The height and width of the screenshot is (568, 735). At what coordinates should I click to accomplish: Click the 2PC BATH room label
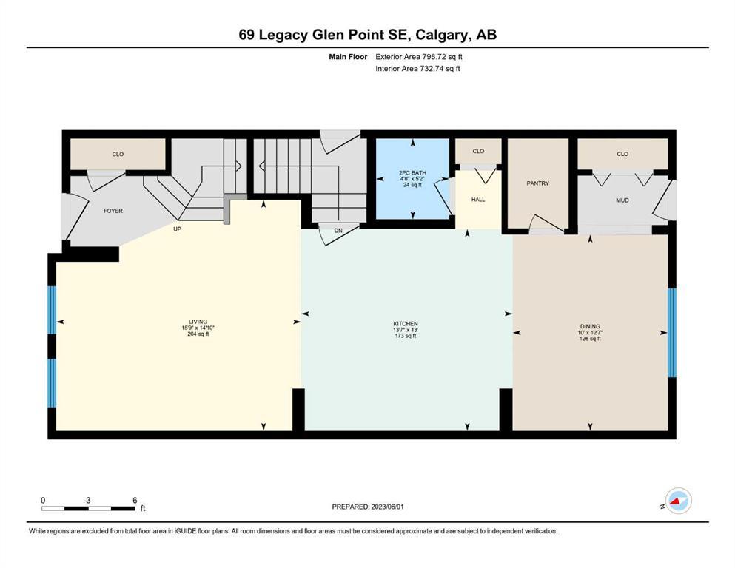tap(412, 173)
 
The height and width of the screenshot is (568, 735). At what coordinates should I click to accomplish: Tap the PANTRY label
tap(537, 183)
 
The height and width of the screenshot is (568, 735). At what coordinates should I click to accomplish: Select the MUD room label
tap(622, 200)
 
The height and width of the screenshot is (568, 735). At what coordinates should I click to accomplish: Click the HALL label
tap(478, 200)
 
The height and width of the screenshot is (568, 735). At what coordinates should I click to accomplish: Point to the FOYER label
tap(113, 212)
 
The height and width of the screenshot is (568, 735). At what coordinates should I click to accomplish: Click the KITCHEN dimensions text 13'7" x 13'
tap(406, 330)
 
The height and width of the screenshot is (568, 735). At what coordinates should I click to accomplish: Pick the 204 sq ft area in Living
tap(198, 334)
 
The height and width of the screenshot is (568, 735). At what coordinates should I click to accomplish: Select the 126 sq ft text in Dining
tap(590, 339)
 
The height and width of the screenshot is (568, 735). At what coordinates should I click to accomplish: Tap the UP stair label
tap(177, 229)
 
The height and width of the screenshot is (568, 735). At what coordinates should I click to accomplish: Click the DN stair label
tap(338, 231)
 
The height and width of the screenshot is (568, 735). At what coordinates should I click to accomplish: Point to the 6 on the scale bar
tap(135, 500)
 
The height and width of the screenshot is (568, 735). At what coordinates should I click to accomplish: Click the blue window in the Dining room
tap(672, 333)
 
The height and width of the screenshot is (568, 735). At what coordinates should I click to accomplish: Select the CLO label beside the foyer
tap(118, 154)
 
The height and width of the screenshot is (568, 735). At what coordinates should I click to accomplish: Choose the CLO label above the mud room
tap(622, 154)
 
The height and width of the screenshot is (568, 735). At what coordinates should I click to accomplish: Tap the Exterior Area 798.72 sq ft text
tap(419, 57)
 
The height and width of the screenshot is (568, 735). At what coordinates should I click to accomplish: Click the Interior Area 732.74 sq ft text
tap(417, 68)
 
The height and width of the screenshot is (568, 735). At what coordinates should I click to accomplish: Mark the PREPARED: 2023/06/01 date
tap(367, 507)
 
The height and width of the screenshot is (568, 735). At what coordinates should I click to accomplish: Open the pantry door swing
tap(546, 223)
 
